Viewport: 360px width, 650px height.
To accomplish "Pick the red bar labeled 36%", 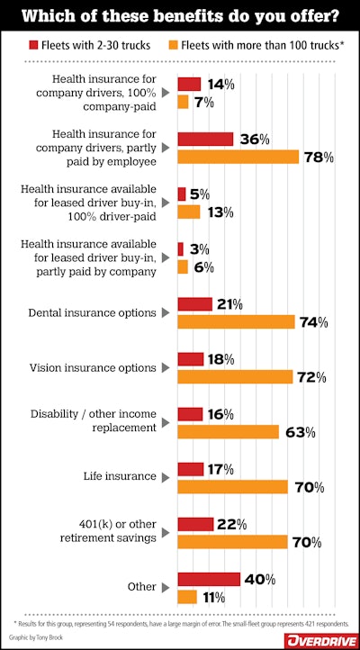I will click(205, 139).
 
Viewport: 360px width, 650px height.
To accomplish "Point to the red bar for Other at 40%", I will click(209, 579).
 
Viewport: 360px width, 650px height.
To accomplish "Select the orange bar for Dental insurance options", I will click(236, 321).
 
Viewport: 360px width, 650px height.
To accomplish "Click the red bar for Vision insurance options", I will click(191, 359).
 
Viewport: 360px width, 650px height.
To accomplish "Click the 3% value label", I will click(196, 248).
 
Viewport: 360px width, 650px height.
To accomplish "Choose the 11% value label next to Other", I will click(213, 597).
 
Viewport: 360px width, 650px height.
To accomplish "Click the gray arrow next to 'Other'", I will click(165, 588).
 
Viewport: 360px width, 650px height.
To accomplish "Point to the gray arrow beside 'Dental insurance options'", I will click(165, 313).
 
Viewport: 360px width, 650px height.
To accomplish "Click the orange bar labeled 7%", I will click(183, 102).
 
